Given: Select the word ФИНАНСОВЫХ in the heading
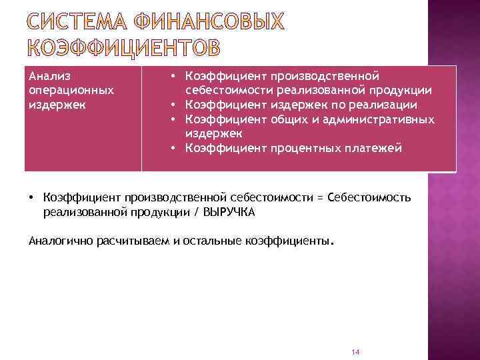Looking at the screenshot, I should pos(209,23).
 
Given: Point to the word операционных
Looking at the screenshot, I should pos(71,90).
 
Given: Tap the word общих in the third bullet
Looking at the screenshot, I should pos(287,119).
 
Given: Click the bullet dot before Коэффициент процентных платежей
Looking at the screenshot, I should pos(172,148).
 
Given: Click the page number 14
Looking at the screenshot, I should pos(355,351).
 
